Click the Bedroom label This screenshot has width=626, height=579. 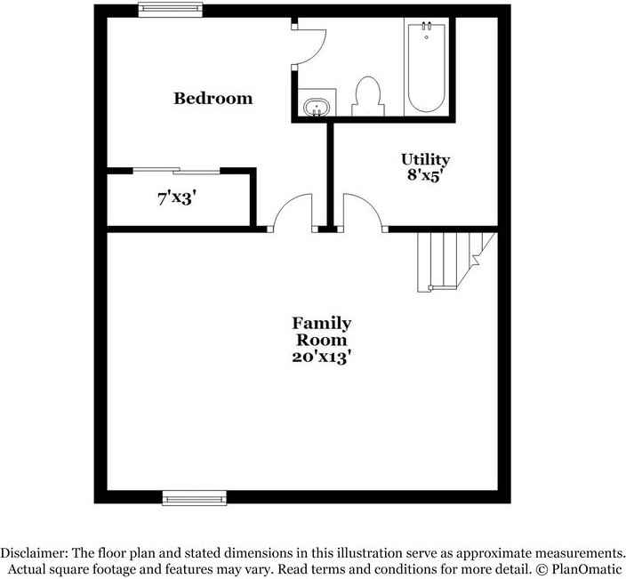click(x=213, y=98)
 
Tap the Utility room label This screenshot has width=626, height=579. click(x=425, y=160)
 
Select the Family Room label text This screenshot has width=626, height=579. click(x=321, y=331)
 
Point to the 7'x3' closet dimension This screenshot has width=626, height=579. click(x=176, y=198)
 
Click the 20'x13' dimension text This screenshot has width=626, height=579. click(x=321, y=358)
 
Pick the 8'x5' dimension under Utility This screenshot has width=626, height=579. click(x=425, y=175)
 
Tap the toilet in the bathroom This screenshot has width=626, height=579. click(x=366, y=95)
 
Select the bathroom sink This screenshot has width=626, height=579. click(x=316, y=108)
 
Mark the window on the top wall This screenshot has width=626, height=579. click(x=170, y=10)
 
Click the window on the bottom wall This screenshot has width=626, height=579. click(x=194, y=497)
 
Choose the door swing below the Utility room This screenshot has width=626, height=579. click(x=363, y=213)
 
